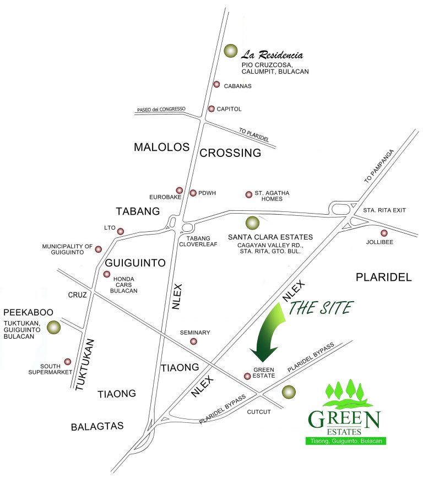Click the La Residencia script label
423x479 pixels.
[x=272, y=55]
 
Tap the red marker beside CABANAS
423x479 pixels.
[x=216, y=85]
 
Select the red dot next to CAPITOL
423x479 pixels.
[x=211, y=108]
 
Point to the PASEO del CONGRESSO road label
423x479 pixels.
[x=160, y=110]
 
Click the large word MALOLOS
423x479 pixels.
[x=161, y=147]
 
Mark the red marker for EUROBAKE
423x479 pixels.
[x=179, y=190]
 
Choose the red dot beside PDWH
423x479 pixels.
[x=193, y=193]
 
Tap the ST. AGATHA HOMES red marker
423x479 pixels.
[x=248, y=194]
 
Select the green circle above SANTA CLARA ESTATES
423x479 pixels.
[x=252, y=223]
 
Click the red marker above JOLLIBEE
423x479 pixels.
[x=384, y=233]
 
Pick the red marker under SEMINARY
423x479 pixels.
[x=193, y=341]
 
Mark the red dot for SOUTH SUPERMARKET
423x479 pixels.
[x=68, y=362]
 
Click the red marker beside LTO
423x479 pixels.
[x=121, y=231]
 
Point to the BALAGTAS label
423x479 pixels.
[x=97, y=427]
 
